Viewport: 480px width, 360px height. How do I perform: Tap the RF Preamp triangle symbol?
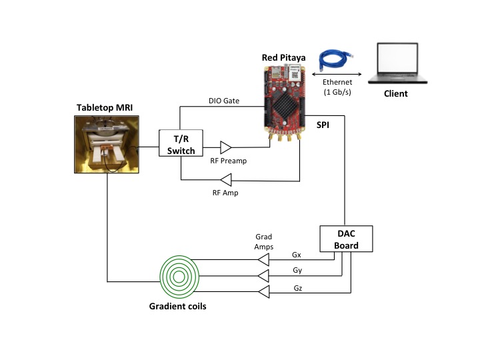pos(226,146)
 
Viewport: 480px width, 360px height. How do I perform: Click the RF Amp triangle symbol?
pos(226,179)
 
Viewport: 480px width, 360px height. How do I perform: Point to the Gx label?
pos(297,255)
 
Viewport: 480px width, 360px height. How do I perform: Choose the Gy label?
pos(297,271)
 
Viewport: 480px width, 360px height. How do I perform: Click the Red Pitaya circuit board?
pos(283,103)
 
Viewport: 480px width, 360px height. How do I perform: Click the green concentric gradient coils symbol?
pos(179,275)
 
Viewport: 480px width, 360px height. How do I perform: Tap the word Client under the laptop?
pos(395,94)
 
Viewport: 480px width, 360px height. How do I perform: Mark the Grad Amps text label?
pos(265,241)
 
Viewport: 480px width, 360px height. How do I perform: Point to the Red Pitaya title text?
pos(283,57)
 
